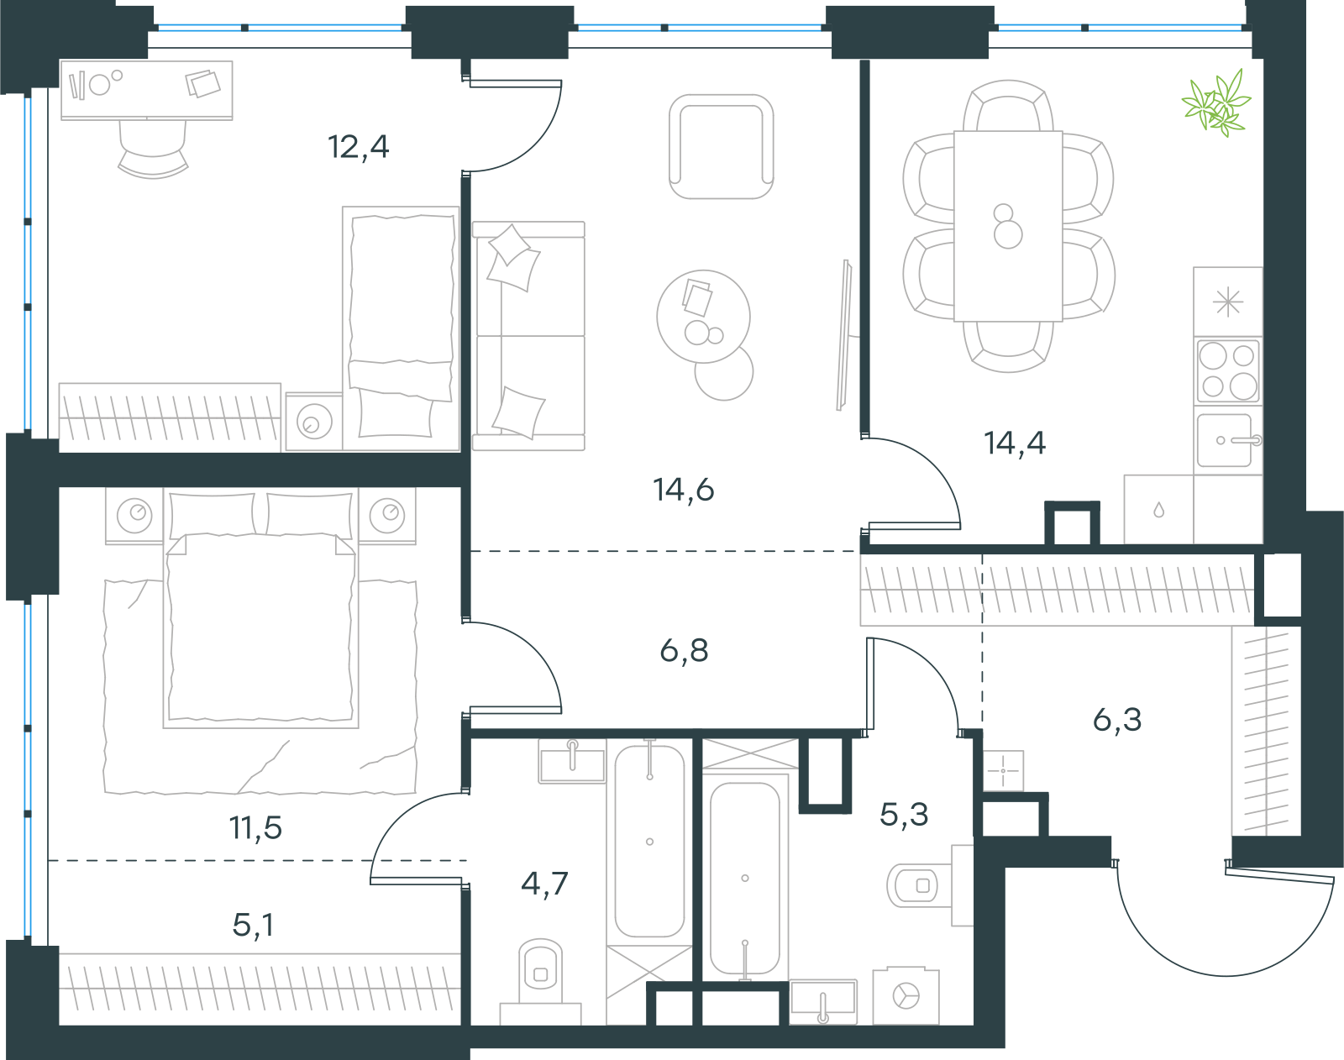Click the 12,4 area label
click(359, 148)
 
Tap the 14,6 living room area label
click(683, 490)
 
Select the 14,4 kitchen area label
click(1014, 443)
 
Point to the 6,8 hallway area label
click(684, 650)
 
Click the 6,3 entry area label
click(1117, 720)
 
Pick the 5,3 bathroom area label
click(904, 815)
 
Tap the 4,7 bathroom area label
click(544, 884)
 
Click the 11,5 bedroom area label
click(255, 827)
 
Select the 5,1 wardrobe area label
click(253, 925)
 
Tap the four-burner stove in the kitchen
click(1228, 371)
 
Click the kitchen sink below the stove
click(1228, 440)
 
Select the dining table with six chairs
click(1008, 226)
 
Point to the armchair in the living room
click(722, 147)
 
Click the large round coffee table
click(703, 316)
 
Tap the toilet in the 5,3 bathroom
click(929, 885)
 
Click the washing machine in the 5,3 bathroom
click(906, 995)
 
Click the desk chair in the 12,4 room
click(152, 149)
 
